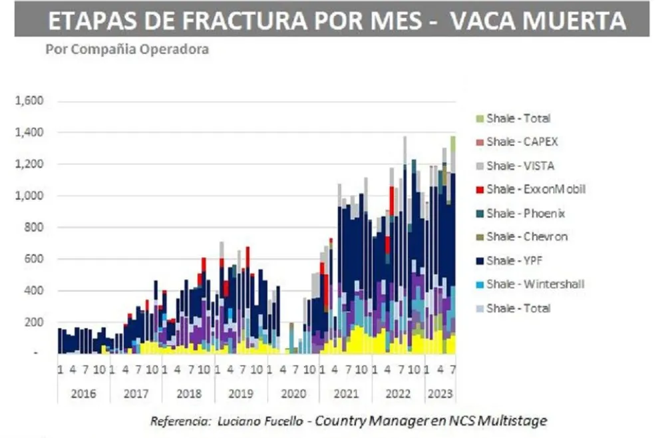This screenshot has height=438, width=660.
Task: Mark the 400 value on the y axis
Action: click(x=33, y=291)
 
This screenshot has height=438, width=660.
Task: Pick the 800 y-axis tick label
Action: click(x=33, y=228)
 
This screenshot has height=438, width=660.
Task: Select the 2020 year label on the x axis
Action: click(x=293, y=393)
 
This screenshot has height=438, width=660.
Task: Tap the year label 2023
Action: click(x=440, y=393)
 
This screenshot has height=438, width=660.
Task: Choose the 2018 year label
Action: click(x=188, y=393)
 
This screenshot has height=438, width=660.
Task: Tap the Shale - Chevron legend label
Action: click(x=526, y=236)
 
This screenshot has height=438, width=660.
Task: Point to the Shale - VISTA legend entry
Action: click(x=520, y=166)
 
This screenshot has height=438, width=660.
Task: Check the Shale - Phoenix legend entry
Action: click(x=526, y=213)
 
